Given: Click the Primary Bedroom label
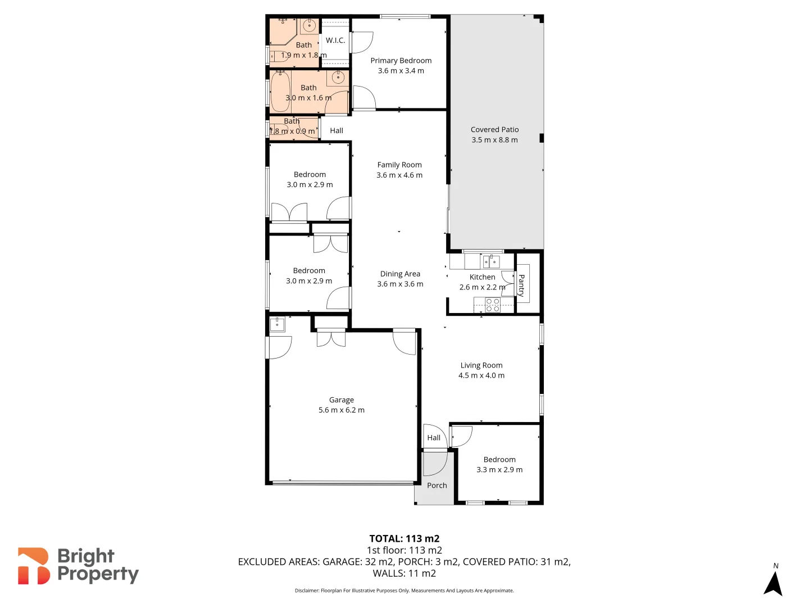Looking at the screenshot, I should [x=401, y=61].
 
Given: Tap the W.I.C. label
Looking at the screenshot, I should [x=335, y=40].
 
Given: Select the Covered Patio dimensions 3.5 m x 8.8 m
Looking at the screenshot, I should [x=494, y=140].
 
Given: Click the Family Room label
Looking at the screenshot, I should [x=399, y=165].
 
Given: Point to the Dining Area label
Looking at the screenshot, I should [x=400, y=274].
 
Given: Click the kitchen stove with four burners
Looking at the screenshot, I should [x=493, y=305].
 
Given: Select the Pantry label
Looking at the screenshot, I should [x=522, y=285].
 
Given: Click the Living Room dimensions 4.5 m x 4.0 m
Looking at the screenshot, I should [x=481, y=375].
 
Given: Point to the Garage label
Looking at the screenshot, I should [x=342, y=400].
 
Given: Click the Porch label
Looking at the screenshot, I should [x=437, y=486].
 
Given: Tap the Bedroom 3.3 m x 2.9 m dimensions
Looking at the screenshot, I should [x=499, y=470].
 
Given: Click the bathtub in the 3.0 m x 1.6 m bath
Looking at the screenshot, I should [x=280, y=91].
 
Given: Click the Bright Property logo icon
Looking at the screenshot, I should [x=34, y=566].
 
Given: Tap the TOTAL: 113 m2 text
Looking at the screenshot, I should [x=404, y=538].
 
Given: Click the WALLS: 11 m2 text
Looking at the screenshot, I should [x=404, y=573].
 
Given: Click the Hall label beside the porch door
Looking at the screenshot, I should [x=434, y=438].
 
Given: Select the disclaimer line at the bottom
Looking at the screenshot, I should [x=404, y=591].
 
